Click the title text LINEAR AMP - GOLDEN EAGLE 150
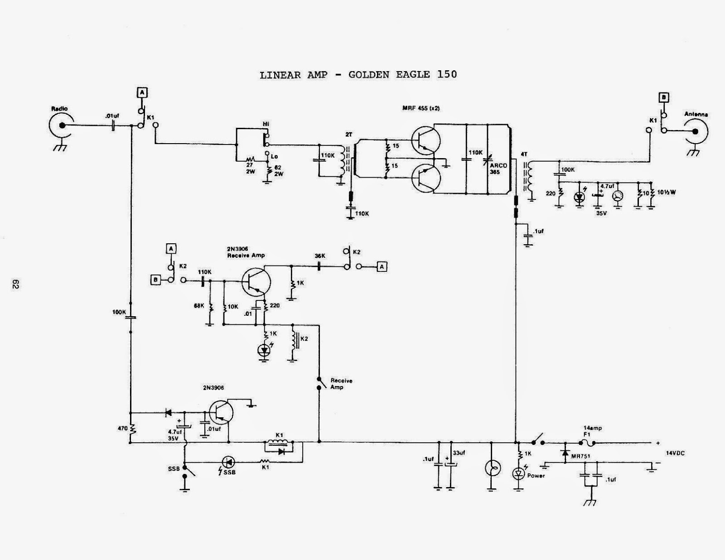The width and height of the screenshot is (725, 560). [x=358, y=75]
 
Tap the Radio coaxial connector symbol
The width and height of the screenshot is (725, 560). [x=61, y=126]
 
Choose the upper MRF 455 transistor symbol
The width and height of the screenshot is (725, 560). [x=425, y=141]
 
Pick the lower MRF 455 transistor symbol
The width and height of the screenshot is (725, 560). [x=425, y=178]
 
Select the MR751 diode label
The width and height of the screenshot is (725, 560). [x=580, y=457]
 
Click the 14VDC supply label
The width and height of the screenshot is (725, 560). [x=675, y=453]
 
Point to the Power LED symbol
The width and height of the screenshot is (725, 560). [x=518, y=474]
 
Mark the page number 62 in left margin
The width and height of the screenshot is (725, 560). [x=14, y=284]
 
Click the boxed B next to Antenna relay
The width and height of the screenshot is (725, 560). [x=664, y=97]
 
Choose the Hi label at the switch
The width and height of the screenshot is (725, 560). [x=266, y=124]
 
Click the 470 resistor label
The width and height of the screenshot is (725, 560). [x=122, y=428]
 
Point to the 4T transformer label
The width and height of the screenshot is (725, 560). [x=525, y=154]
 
